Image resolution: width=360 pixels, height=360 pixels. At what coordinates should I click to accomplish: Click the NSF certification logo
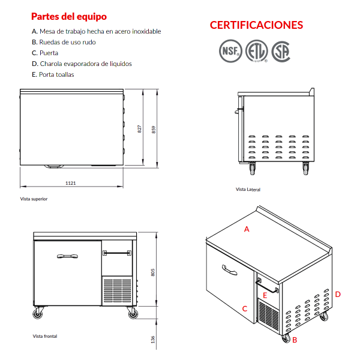click(x=230, y=51)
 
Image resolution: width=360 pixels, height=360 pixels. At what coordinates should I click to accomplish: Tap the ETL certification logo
click(x=257, y=51)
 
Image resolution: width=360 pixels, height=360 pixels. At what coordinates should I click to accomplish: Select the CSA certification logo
click(x=281, y=52)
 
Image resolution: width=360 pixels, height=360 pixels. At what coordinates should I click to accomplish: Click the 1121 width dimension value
click(x=70, y=183)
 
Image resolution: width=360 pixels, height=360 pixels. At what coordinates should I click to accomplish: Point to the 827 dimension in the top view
click(x=139, y=129)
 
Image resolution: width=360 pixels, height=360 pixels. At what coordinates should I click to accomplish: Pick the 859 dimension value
click(x=154, y=130)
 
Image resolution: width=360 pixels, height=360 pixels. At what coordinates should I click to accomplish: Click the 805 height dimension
click(x=153, y=272)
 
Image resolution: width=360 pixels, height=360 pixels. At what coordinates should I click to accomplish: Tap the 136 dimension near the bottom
click(x=153, y=340)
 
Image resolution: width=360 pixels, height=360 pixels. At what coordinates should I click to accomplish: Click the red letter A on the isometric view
click(x=247, y=229)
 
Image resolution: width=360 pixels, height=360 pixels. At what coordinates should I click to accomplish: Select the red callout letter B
click(x=295, y=340)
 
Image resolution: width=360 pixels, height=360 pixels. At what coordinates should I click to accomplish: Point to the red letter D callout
click(x=338, y=295)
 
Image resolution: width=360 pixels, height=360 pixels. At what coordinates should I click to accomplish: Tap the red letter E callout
click(x=265, y=295)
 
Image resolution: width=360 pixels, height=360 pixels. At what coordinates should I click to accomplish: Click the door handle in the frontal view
click(x=67, y=256)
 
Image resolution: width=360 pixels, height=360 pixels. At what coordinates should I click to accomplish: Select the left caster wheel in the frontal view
click(x=38, y=313)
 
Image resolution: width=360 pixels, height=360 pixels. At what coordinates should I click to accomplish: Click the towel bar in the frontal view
click(x=117, y=253)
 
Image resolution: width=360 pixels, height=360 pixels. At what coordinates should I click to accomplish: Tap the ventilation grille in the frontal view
click(x=117, y=290)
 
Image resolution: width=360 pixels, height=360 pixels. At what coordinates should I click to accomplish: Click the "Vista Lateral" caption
click(x=248, y=190)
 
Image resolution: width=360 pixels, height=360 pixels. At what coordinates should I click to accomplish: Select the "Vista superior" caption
click(x=34, y=199)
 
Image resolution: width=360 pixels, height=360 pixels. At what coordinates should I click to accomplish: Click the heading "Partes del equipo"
click(x=69, y=16)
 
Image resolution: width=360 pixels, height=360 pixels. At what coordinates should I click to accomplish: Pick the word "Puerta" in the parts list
click(x=49, y=53)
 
